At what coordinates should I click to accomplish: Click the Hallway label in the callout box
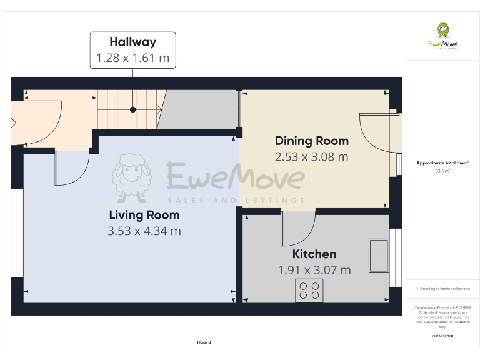[132, 42]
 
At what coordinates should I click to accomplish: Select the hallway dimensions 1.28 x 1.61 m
[132, 59]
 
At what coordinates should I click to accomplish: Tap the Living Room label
[144, 215]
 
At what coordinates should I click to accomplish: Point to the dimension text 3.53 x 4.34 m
[144, 231]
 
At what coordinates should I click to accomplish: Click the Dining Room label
[312, 141]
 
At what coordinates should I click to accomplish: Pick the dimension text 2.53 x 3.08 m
[312, 156]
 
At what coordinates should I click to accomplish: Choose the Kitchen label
[314, 254]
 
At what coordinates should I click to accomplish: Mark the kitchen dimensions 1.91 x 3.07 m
[314, 270]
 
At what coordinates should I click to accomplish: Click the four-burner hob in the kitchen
[309, 291]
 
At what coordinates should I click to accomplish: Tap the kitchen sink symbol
[379, 256]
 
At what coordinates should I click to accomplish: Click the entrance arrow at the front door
[11, 123]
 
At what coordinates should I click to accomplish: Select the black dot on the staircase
[132, 110]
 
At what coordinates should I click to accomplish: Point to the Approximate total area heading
[442, 162]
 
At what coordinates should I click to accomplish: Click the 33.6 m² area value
[442, 169]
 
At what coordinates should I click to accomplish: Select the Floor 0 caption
[204, 342]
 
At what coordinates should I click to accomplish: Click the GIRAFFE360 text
[442, 336]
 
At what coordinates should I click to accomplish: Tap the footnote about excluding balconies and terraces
[442, 289]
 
